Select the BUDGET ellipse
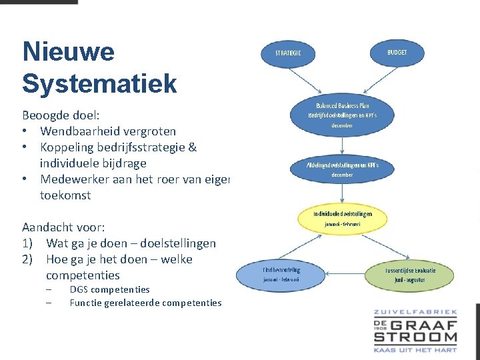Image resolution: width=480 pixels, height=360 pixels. click(x=397, y=53)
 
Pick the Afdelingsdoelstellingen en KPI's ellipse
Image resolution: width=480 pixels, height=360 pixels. click(x=342, y=169)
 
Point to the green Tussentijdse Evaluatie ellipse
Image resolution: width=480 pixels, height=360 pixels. click(x=409, y=274)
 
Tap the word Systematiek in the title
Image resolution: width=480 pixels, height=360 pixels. click(x=99, y=84)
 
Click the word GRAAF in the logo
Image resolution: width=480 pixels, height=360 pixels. click(x=425, y=325)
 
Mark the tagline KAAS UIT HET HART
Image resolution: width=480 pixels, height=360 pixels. click(x=415, y=349)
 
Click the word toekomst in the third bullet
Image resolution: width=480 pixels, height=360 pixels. click(x=65, y=195)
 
